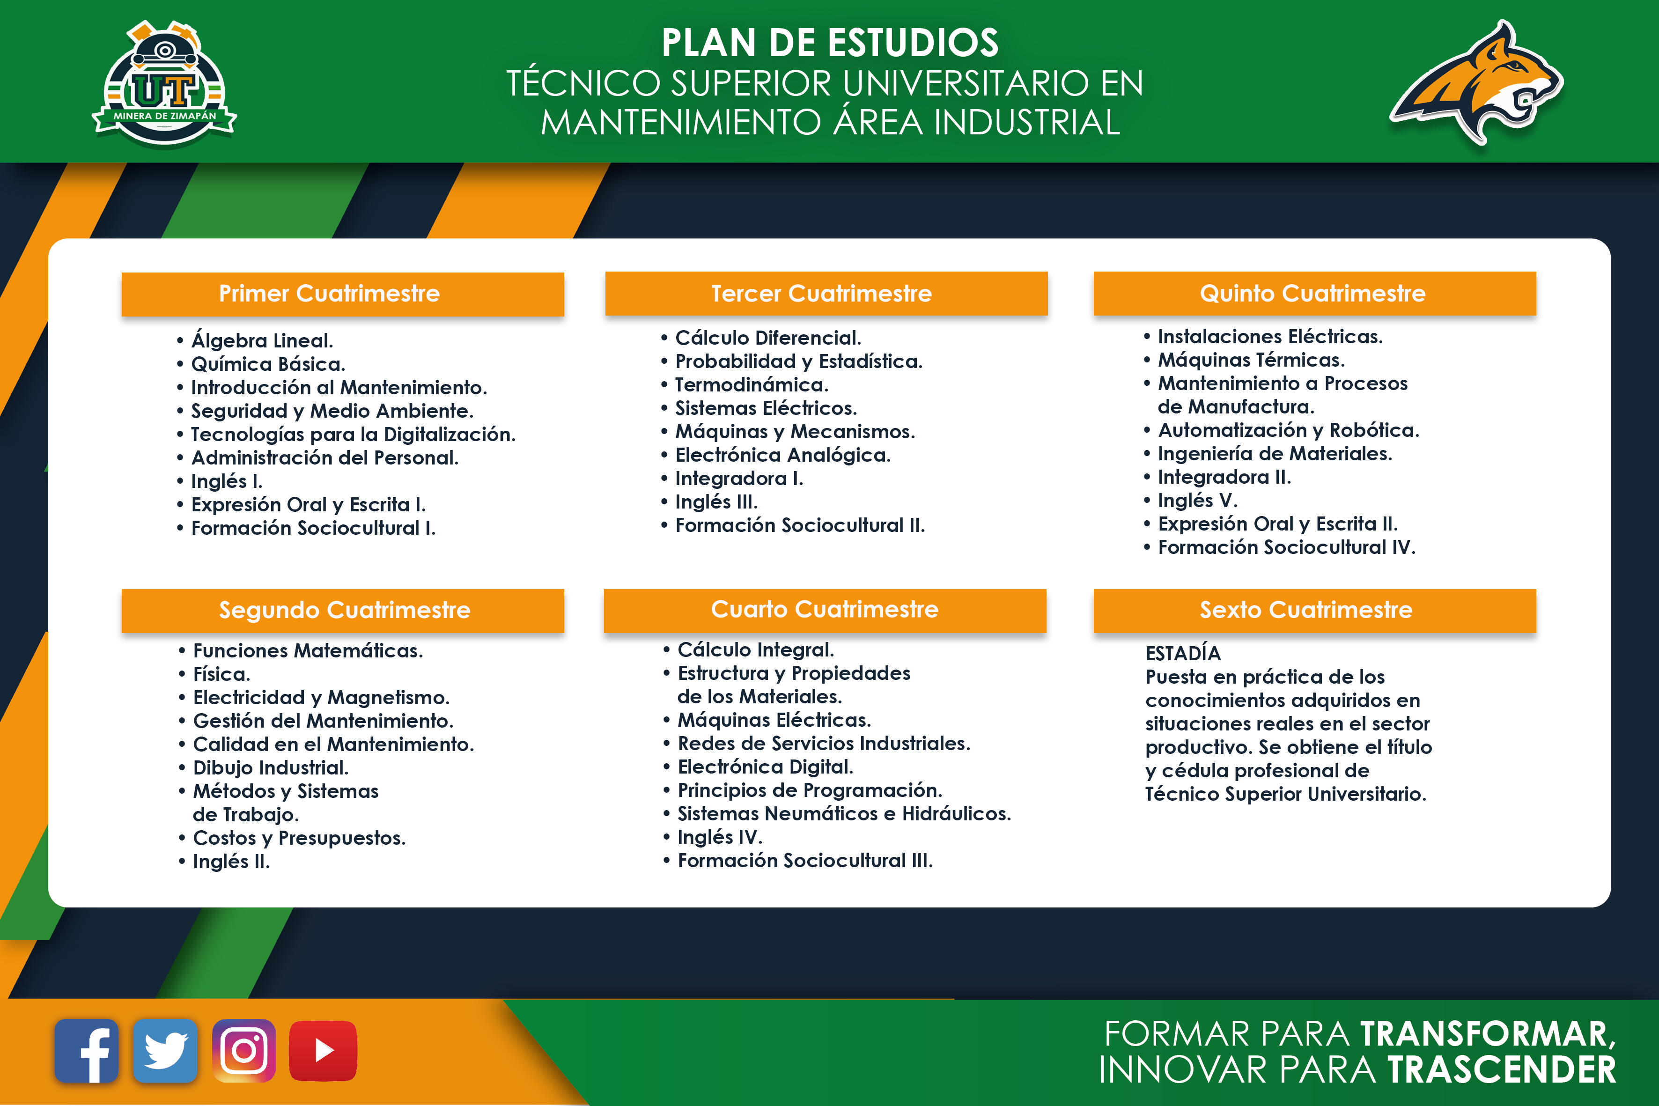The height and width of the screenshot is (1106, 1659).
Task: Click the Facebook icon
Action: [x=86, y=1050]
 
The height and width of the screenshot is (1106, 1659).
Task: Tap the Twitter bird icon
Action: [x=165, y=1050]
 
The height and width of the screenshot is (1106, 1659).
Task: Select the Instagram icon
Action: [x=244, y=1050]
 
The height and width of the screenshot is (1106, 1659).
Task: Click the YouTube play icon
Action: [x=323, y=1050]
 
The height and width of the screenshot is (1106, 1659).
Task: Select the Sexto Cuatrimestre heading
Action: [x=1306, y=610]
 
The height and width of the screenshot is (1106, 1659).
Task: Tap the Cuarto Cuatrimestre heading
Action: [x=825, y=609]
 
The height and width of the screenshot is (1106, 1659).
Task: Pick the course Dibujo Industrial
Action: [x=271, y=767]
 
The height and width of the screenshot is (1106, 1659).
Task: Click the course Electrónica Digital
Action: [x=765, y=767]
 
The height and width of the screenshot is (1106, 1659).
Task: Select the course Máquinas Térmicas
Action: [x=1251, y=360]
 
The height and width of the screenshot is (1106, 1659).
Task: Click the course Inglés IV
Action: [x=720, y=837]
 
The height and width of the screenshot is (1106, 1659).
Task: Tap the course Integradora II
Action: [x=1224, y=477]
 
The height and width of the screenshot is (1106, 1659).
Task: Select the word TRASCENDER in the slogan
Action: [x=1502, y=1069]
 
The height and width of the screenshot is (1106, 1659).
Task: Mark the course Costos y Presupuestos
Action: [x=299, y=838]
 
